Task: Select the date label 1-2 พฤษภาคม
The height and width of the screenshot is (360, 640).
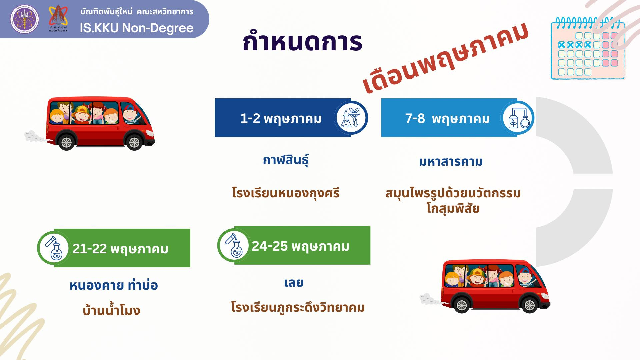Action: pos(281,119)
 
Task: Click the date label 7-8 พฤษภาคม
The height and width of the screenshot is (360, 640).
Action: pos(447,119)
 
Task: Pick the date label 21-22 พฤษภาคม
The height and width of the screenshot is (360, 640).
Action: pos(120,249)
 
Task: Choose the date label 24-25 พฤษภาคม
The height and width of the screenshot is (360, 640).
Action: pos(301,246)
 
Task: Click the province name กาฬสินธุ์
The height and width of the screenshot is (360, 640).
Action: pos(286,160)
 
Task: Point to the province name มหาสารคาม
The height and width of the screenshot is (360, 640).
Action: pos(451,162)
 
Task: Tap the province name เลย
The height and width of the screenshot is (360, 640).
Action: pos(294,283)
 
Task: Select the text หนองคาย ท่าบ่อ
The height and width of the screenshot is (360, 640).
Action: pos(114,285)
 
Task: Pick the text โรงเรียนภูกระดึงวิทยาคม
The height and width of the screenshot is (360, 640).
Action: pos(298,307)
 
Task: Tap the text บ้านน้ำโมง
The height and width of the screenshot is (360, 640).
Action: pos(111,310)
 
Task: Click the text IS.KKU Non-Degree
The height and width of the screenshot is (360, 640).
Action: pos(137,28)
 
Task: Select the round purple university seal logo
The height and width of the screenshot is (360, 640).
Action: pos(24,19)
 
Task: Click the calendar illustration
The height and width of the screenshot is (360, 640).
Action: pos(588,49)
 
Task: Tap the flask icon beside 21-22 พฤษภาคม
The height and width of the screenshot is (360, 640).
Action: pos(54,248)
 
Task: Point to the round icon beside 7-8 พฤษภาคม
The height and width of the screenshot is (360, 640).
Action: pos(517,118)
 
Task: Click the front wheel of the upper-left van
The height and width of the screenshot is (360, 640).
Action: pos(134,143)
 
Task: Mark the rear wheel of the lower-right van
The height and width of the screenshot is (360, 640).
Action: pos(462,305)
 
